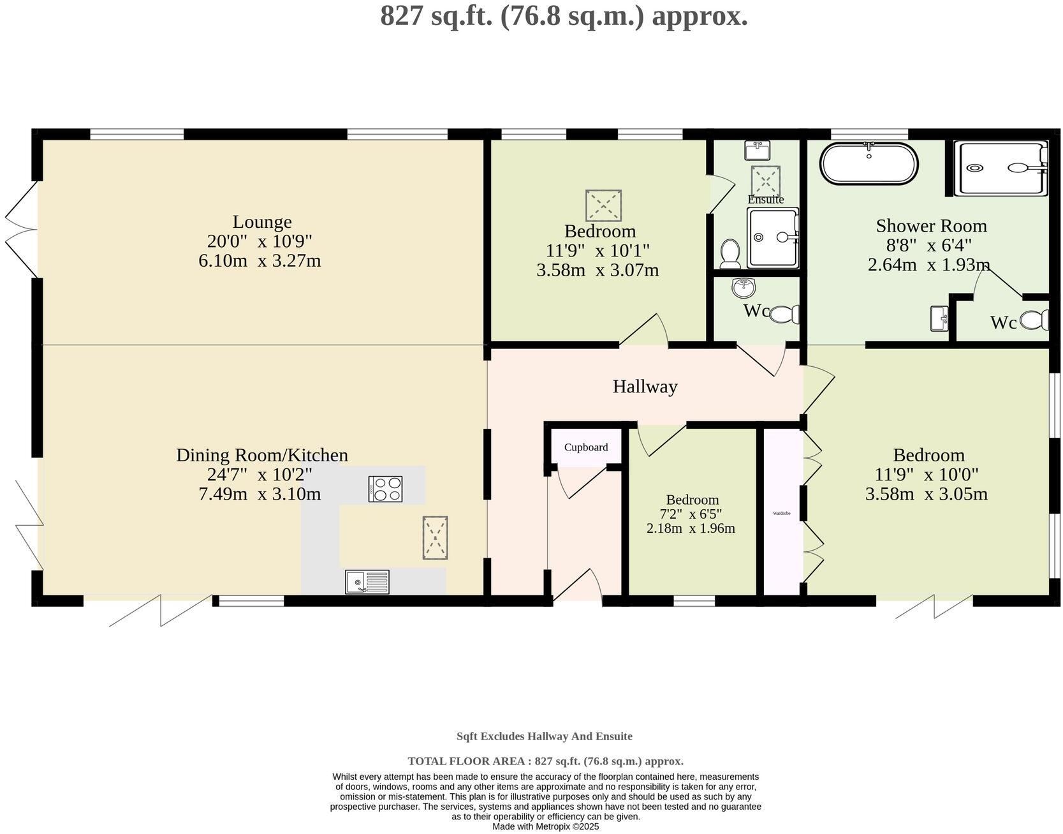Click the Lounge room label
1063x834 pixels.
coord(261,221)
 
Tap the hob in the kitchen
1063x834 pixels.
coord(385,489)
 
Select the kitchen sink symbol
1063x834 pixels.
coord(367,581)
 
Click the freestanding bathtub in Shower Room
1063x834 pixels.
coord(869,164)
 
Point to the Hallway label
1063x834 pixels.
coord(645,387)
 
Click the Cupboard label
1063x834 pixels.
coord(585,447)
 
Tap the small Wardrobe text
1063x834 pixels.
coord(781,513)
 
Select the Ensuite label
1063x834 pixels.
coord(765,200)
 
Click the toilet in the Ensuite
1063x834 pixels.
coord(729,253)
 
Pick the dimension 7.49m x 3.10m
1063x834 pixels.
coord(260,494)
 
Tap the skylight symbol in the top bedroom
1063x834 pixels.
coord(603,205)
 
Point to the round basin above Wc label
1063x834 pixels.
coord(744,288)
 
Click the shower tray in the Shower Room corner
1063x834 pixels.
coord(1001,168)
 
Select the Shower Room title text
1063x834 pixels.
coord(931,226)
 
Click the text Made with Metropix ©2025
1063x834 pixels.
coord(545,826)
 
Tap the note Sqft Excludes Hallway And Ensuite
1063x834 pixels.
coord(544,736)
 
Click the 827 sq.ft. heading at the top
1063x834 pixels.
coord(564,15)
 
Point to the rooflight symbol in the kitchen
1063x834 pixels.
coord(435,538)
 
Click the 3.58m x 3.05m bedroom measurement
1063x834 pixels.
coord(926,494)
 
